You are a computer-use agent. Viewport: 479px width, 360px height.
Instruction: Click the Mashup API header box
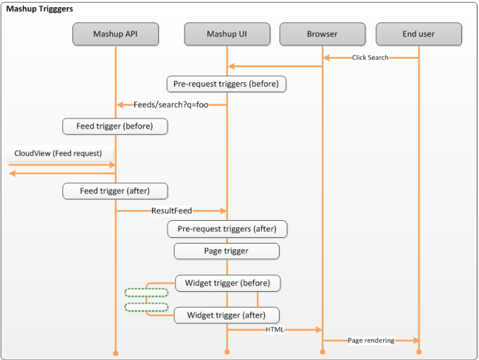pos(116,34)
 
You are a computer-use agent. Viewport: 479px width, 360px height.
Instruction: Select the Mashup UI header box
pos(227,34)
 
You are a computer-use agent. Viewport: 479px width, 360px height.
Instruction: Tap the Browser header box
pos(322,34)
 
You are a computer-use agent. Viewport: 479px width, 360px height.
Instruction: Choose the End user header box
pos(419,34)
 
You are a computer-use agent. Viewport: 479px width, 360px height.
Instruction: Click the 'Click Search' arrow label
pos(370,58)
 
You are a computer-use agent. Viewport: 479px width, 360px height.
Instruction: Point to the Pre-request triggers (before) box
pos(226,84)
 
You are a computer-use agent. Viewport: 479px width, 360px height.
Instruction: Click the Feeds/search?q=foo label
pos(171,105)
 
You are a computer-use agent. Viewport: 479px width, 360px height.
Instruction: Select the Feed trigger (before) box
pos(115,126)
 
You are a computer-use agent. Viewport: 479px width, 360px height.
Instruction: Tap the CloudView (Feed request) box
pos(59,153)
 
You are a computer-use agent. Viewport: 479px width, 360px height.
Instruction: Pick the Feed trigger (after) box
pos(115,191)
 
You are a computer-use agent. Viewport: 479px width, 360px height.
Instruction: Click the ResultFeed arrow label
pos(172,211)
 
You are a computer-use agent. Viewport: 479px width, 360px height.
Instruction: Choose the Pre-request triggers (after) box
pos(227,229)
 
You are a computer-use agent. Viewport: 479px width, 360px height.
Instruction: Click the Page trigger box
pos(226,251)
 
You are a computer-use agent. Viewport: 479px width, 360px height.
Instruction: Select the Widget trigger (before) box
pos(228,283)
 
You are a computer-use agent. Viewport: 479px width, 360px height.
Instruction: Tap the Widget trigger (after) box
pos(226,315)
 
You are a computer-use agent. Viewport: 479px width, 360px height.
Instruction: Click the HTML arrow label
pos(275,329)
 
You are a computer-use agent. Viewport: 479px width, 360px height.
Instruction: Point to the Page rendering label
pos(371,340)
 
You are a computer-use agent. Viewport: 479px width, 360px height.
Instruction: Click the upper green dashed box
pos(146,289)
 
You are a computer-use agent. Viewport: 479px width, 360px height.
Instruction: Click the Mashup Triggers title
pos(40,9)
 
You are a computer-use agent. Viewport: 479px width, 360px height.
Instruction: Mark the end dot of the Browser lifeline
pos(323,352)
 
